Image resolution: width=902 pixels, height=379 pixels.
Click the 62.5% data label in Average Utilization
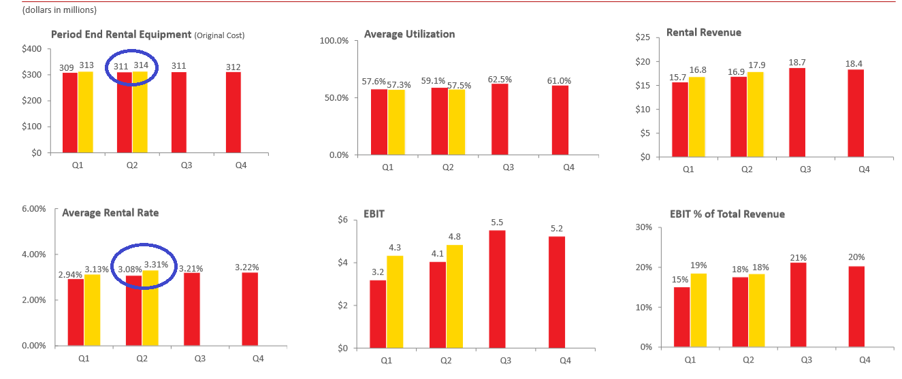click(x=500, y=80)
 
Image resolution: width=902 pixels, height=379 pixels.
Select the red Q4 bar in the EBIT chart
click(x=556, y=292)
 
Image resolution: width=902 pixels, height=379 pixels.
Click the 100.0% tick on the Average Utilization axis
click(x=334, y=41)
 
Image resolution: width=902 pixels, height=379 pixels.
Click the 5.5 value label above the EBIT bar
click(x=498, y=223)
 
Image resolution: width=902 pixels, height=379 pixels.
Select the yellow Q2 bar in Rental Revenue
click(x=754, y=114)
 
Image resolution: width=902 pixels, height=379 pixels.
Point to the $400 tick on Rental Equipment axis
click(x=32, y=49)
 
